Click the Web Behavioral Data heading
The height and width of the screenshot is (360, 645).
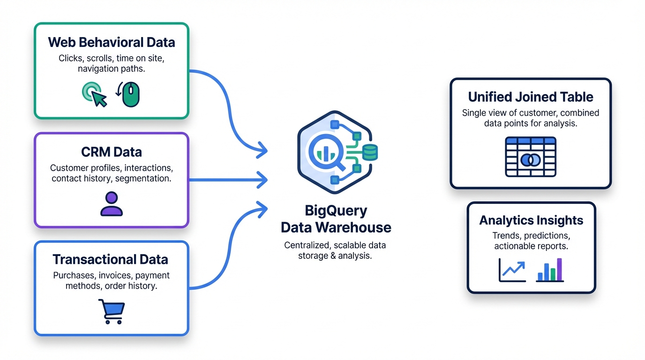[111, 42]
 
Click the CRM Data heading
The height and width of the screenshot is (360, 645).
[111, 152]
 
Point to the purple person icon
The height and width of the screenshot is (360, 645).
[111, 204]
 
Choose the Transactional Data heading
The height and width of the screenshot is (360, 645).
[110, 259]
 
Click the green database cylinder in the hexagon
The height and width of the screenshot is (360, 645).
[370, 152]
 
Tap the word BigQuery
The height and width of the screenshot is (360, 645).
[336, 210]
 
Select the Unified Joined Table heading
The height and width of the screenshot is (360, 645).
[530, 97]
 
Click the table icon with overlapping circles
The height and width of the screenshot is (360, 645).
[530, 157]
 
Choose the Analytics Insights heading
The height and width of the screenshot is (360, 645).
[531, 220]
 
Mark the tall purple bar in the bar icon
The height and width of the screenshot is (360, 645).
[559, 269]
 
